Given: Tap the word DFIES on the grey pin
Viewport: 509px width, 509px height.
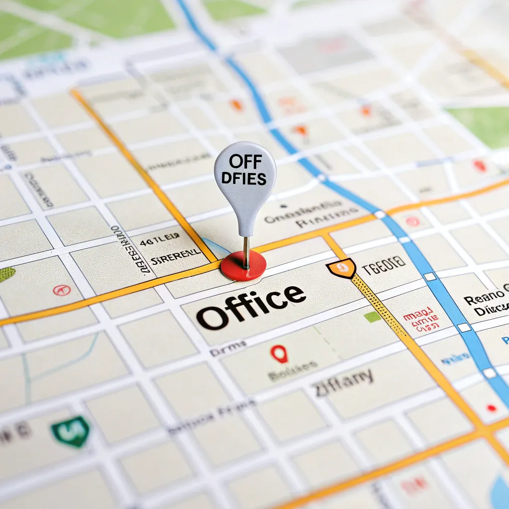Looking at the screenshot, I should tap(245, 178).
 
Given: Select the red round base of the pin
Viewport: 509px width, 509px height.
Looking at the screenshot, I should tap(243, 265).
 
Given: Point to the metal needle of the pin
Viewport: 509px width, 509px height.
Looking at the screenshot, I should tap(246, 251).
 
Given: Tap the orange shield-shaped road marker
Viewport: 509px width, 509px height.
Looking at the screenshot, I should tap(341, 268).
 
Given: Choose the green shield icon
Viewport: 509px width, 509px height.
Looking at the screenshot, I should tap(71, 430).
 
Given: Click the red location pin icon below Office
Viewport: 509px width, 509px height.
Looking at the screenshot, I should tap(279, 354).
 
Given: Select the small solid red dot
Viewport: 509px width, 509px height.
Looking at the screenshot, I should tap(492, 408).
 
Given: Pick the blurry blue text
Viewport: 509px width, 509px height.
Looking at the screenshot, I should tap(454, 356).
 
